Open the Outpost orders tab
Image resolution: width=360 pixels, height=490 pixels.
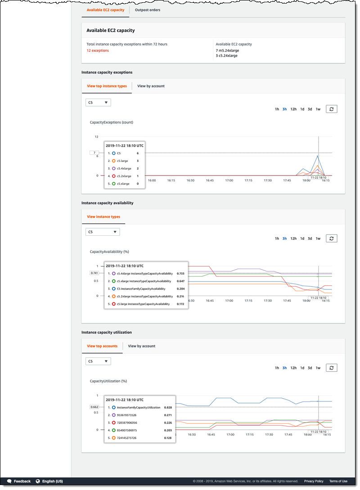pos(148,10)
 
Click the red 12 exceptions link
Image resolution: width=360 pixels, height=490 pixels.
pos(98,50)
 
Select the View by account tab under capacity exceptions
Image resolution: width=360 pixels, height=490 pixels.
pos(151,86)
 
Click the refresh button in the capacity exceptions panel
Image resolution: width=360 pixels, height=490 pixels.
pos(331,109)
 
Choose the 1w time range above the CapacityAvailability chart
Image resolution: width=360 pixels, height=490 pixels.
pos(318,238)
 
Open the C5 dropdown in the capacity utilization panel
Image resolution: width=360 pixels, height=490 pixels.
pos(98,361)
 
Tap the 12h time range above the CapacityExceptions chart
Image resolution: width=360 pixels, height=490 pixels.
pos(293,109)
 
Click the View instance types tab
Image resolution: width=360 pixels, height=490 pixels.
pos(103,216)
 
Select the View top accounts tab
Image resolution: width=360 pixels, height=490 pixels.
pos(102,346)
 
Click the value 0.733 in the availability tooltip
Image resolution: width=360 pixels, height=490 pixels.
pos(180,273)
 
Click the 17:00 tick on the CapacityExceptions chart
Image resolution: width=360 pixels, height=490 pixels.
pos(229,180)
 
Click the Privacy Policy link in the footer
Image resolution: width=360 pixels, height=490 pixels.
pos(314,481)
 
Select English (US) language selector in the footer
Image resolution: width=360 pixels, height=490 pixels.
pos(52,481)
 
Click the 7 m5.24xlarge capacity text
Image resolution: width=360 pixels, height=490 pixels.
pos(227,50)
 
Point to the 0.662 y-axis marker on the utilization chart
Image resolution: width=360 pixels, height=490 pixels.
pos(94,407)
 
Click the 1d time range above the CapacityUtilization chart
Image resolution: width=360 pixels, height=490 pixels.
pos(302,368)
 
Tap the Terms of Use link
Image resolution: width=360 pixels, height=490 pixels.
pos(338,481)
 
